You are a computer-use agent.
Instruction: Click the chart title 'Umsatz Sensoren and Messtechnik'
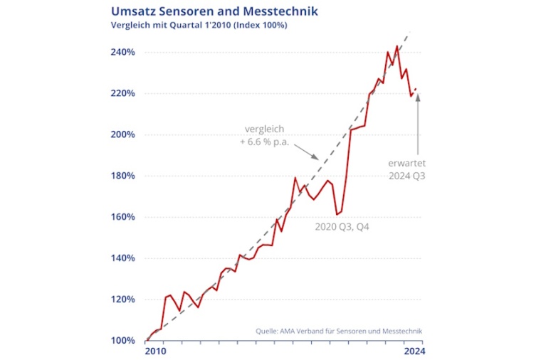(x=214, y=11)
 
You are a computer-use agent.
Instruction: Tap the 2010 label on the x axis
(x=155, y=351)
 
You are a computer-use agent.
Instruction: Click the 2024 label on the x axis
(x=414, y=351)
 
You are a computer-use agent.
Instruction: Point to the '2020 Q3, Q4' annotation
(x=342, y=227)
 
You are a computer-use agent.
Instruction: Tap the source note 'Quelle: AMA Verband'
(x=340, y=331)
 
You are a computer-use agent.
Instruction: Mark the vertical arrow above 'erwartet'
(x=418, y=121)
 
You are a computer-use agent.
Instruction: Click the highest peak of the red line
(x=396, y=46)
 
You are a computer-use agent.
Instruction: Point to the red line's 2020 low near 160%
(x=337, y=214)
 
